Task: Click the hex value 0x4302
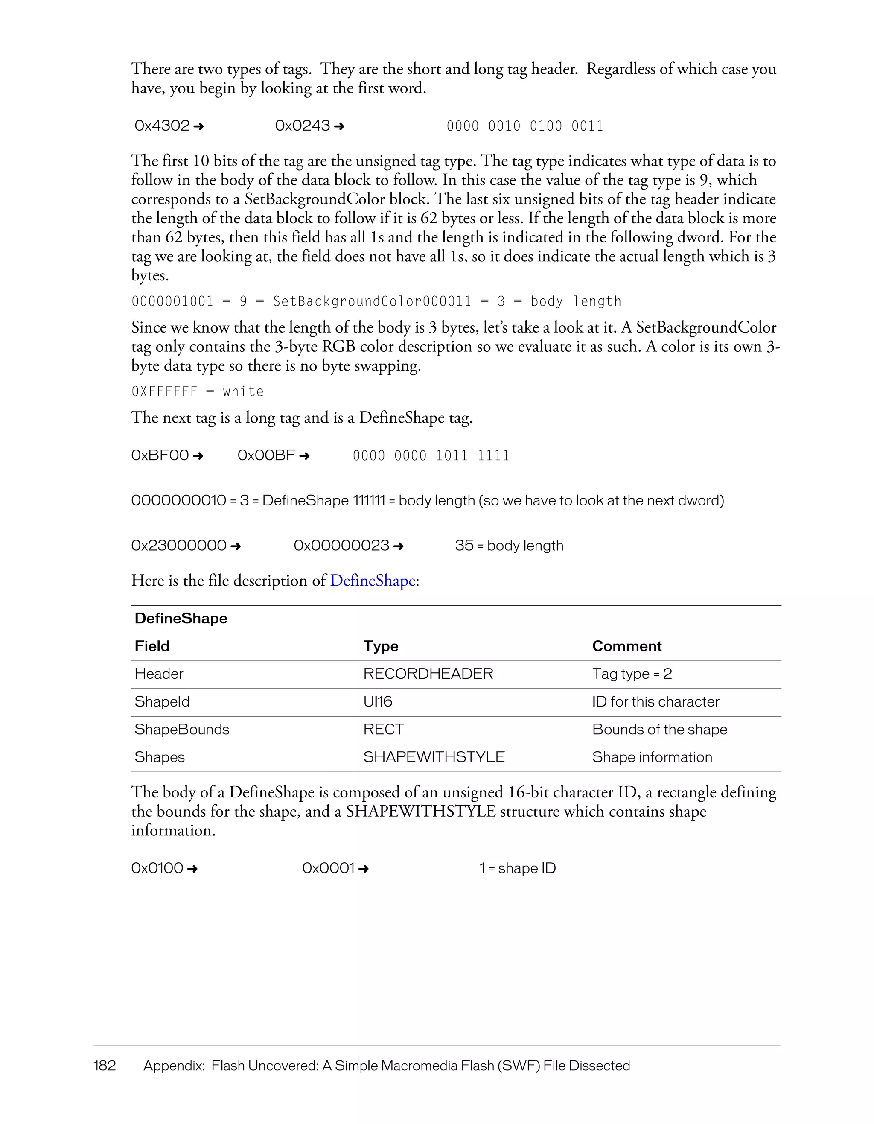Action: [162, 126]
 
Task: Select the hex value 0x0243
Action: [303, 126]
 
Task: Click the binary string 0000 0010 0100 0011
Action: [525, 126]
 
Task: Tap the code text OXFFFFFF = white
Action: [198, 391]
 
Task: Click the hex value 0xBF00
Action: [160, 455]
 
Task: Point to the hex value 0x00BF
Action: [266, 455]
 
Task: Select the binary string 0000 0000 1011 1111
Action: [431, 456]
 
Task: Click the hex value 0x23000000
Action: [178, 546]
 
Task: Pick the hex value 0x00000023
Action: [341, 546]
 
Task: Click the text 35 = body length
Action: [509, 546]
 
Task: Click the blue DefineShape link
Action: [373, 581]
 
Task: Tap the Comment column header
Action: [626, 646]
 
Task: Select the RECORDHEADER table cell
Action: [428, 674]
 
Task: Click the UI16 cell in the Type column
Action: [378, 702]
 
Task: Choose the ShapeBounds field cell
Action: [182, 730]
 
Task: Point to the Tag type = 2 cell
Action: [632, 674]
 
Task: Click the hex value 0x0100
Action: [157, 868]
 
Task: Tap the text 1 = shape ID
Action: [518, 868]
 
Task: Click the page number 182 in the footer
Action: [105, 1066]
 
